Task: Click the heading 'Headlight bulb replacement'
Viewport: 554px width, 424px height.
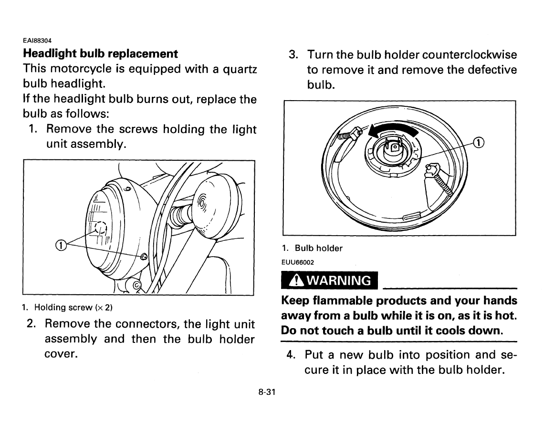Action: click(100, 53)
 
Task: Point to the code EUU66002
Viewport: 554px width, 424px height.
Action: click(298, 261)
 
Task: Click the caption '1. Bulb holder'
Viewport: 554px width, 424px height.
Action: click(312, 248)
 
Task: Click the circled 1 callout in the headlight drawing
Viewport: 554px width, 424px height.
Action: click(61, 245)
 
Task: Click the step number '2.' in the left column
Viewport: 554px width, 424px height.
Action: click(32, 324)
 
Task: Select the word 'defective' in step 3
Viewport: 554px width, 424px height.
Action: click(491, 70)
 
